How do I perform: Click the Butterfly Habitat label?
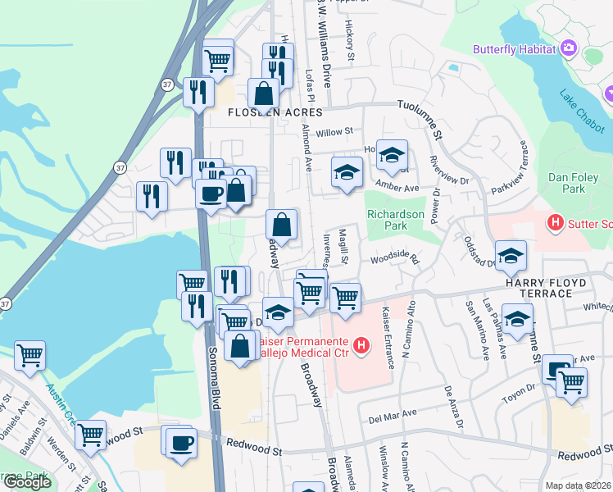(515, 49)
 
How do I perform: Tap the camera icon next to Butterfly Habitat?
(568, 48)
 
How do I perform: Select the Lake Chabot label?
(583, 112)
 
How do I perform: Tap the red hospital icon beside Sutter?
(556, 222)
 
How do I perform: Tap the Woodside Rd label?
(394, 260)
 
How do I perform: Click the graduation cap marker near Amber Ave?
(347, 172)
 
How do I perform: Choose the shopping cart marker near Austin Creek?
(30, 355)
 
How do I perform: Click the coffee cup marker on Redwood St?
(181, 444)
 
